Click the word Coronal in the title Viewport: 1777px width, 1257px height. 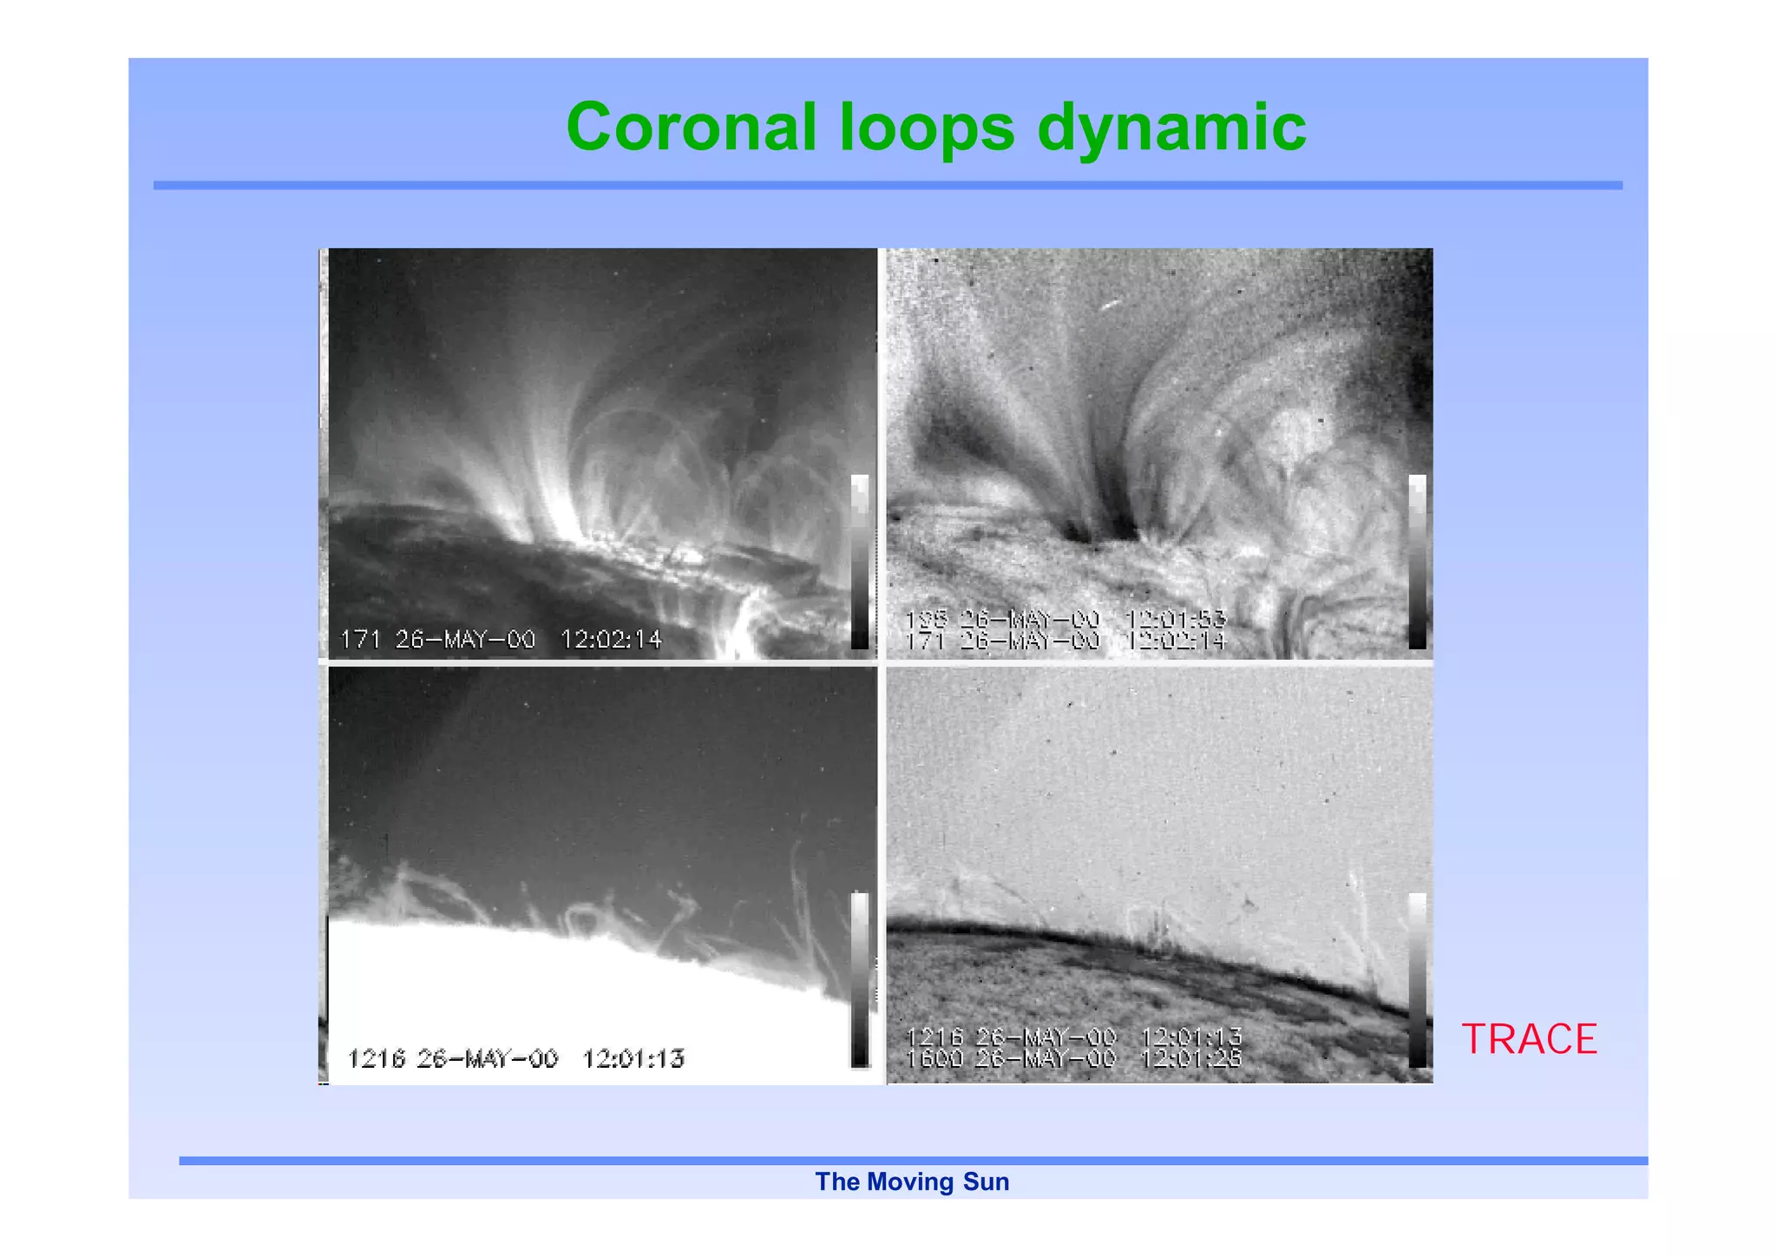[691, 128]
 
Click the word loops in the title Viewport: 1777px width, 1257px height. [926, 128]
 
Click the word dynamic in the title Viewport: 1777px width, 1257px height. [1171, 128]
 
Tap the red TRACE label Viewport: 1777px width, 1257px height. [1529, 1039]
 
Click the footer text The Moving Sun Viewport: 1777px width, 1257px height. [912, 1181]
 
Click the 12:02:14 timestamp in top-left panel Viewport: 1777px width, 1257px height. [611, 640]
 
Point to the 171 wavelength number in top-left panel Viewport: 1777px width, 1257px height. [360, 640]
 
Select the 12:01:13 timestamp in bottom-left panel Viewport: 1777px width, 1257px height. [633, 1058]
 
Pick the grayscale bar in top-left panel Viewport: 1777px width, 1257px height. [860, 562]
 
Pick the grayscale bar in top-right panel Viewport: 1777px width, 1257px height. [1417, 562]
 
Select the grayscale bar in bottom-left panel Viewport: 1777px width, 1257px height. [860, 980]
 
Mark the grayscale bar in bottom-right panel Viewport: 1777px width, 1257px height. [1417, 980]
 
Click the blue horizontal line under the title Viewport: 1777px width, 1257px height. [888, 185]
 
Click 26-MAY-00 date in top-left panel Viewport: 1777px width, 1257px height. [465, 640]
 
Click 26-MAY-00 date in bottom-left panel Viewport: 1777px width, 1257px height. [487, 1058]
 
